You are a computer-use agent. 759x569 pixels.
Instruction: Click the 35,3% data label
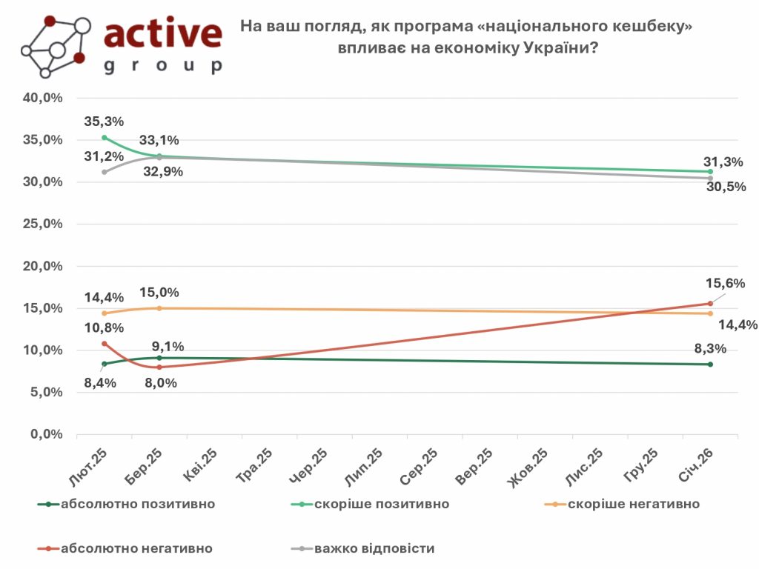[x=105, y=122]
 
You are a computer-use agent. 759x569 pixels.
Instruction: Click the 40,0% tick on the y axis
[x=45, y=98]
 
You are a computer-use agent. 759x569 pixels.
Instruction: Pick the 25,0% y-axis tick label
[x=45, y=224]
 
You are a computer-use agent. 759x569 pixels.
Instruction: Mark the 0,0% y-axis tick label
[x=48, y=435]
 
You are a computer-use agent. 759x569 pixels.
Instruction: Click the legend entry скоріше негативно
[x=633, y=505]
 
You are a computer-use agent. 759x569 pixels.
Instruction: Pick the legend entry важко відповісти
[x=374, y=549]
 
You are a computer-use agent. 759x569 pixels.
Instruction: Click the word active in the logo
[x=162, y=34]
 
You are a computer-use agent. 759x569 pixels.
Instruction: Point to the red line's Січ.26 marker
[x=710, y=303]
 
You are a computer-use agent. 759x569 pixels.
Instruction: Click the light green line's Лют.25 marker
[x=105, y=138]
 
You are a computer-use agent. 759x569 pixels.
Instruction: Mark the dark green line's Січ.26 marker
[x=710, y=365]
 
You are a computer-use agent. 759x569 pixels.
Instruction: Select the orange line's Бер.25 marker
[x=159, y=308]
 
